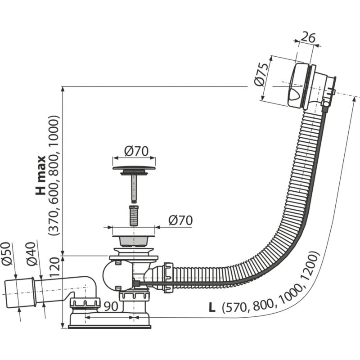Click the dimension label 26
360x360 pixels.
307,38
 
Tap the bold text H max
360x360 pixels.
41,175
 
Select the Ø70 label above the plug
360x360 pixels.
134,152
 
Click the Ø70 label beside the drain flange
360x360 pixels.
180,220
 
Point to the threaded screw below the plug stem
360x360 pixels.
134,216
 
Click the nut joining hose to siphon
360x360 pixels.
168,278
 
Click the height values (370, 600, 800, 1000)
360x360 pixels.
54,175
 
